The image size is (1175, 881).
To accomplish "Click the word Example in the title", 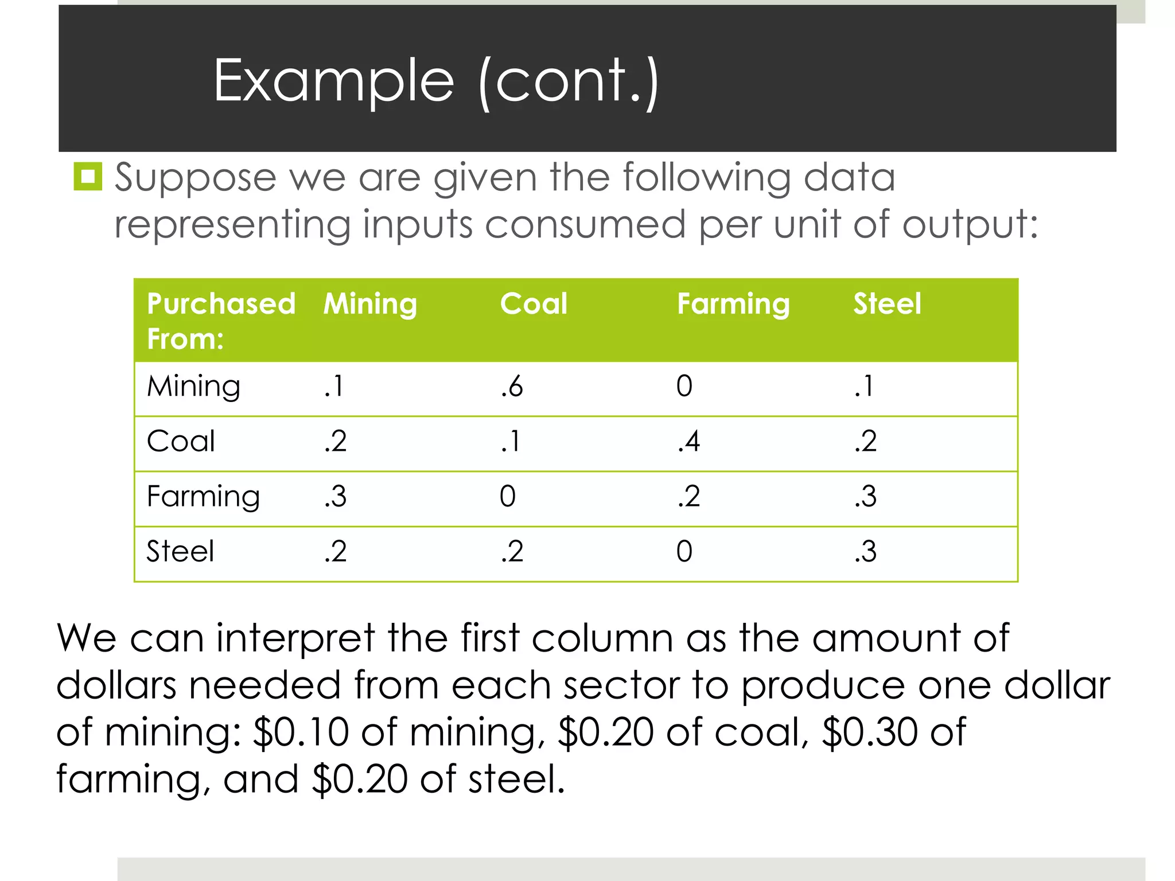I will [x=333, y=81].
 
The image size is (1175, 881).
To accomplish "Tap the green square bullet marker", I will [x=88, y=176].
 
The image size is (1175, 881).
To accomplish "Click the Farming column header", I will [x=733, y=303].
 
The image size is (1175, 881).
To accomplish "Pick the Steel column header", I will [x=887, y=303].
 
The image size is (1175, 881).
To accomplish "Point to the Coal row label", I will [x=181, y=442].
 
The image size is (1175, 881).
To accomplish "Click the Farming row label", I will [x=203, y=497].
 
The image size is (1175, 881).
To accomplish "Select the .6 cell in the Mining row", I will [x=511, y=387].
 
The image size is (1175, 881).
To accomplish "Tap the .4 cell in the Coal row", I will [x=688, y=442].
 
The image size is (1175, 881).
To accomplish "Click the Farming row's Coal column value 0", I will [x=507, y=497].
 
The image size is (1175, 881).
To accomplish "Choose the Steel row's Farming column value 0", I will [x=684, y=552].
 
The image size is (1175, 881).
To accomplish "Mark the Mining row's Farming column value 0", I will [x=684, y=387].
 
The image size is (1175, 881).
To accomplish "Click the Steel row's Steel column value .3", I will [x=865, y=552].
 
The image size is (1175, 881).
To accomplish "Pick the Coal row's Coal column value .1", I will [x=510, y=442].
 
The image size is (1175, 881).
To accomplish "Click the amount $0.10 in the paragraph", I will [x=301, y=732].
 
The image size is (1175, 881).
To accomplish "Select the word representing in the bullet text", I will [x=232, y=224].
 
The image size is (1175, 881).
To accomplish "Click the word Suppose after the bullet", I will [x=196, y=178].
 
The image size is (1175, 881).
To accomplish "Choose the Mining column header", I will [x=370, y=303].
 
